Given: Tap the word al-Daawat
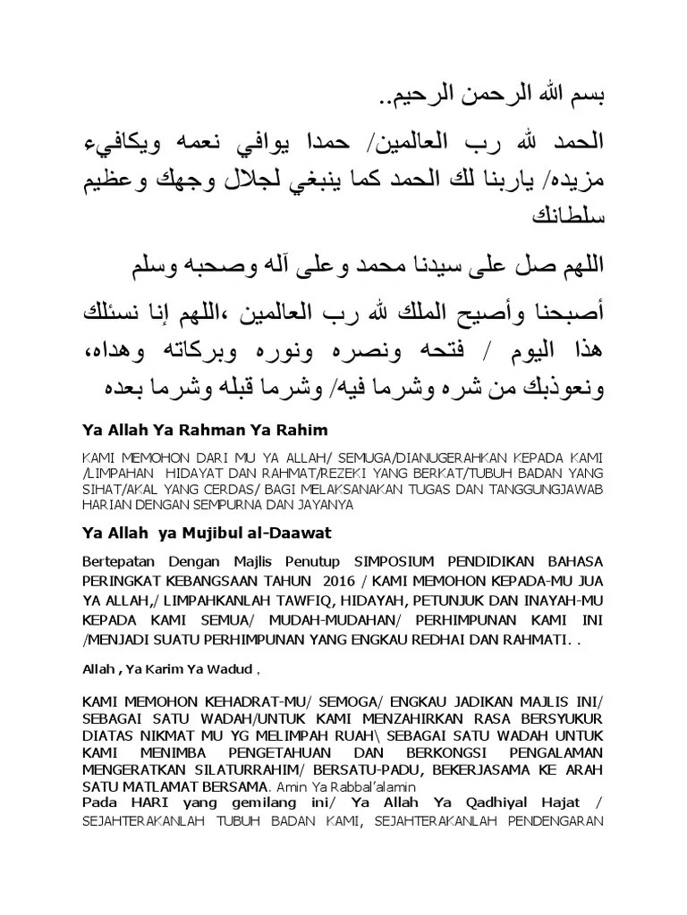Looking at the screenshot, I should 288,533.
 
